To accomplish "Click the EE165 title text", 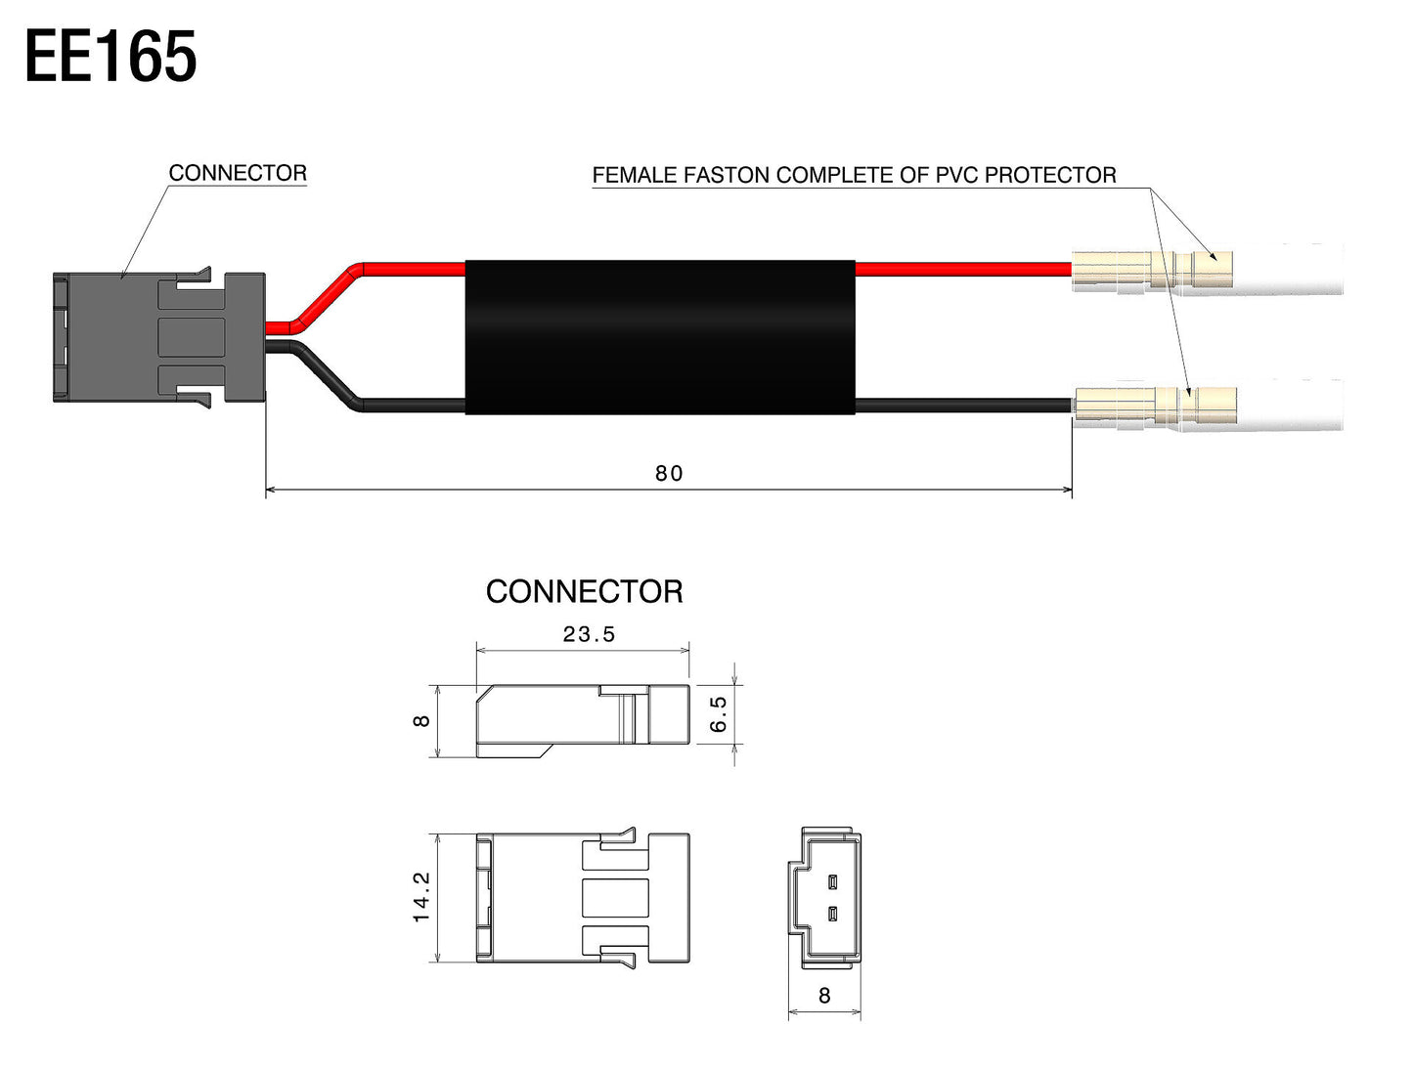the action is [x=110, y=57].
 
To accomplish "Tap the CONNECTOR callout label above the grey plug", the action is [x=238, y=172].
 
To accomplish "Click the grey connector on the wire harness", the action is [x=159, y=337].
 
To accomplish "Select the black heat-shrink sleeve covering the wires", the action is [x=660, y=337].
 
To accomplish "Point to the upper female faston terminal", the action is [x=1152, y=270].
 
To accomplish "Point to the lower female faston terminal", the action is [x=1156, y=405].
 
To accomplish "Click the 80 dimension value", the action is [x=668, y=473].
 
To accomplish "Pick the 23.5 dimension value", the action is [x=589, y=634].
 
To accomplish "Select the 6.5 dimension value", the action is [x=718, y=714].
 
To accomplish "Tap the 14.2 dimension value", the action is [x=421, y=897].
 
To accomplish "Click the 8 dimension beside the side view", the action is [x=421, y=720].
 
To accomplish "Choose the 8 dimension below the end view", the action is [x=824, y=996].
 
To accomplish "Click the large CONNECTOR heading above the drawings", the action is [x=584, y=591].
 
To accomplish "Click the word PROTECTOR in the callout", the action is [x=1050, y=175].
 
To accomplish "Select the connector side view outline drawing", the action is [x=583, y=720].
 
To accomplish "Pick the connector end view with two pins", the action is [x=824, y=898].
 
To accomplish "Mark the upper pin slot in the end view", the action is [x=833, y=882].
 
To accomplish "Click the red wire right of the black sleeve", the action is [x=963, y=270].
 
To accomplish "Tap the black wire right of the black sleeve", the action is [x=963, y=406].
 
